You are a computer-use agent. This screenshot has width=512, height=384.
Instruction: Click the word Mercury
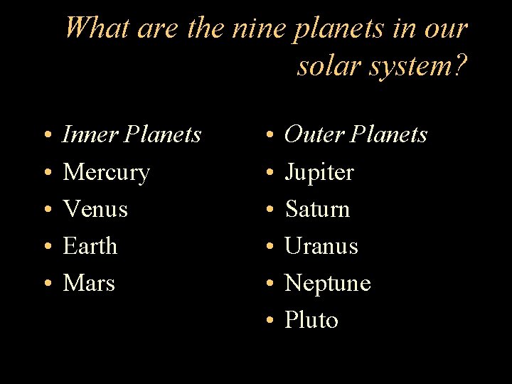pos(106,173)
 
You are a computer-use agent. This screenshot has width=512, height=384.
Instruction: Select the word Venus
pos(95,210)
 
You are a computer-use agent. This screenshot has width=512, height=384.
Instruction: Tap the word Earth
pos(90,247)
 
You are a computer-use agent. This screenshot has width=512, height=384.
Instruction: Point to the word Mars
pos(89,284)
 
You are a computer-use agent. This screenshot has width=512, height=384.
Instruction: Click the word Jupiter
pos(319,173)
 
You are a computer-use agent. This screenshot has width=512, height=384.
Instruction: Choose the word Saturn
pos(317,210)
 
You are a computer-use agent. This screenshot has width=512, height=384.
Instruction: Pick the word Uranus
pos(321,247)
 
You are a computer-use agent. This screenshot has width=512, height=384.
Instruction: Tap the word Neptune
pos(328,284)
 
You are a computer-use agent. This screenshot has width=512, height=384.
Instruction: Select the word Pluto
pos(311,321)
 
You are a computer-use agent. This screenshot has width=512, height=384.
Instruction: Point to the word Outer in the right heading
pos(314,134)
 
